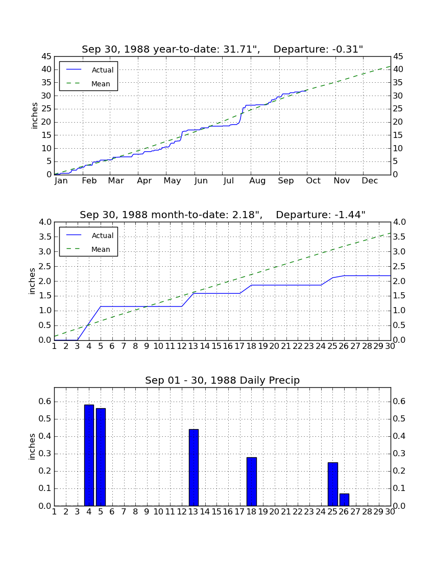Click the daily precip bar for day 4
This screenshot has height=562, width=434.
click(x=89, y=455)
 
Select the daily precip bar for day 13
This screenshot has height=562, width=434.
click(x=194, y=467)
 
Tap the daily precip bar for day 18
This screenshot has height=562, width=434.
click(x=251, y=482)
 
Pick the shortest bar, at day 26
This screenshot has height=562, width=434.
click(x=344, y=500)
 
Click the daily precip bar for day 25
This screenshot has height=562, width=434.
click(x=333, y=484)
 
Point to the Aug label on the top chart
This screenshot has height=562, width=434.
click(x=257, y=181)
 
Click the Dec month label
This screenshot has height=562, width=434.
click(x=370, y=181)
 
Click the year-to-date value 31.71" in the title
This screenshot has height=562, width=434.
click(x=242, y=49)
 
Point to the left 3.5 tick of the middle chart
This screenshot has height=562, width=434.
click(x=45, y=237)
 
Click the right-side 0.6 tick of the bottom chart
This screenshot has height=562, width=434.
click(x=399, y=402)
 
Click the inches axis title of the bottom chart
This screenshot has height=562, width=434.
click(x=32, y=447)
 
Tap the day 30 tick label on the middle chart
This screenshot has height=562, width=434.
click(x=390, y=346)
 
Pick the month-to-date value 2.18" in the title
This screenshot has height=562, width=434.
click(x=244, y=215)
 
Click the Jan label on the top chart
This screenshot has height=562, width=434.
click(x=61, y=181)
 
